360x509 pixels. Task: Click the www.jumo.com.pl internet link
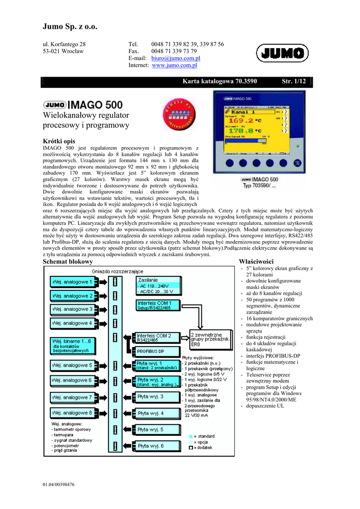(175, 65)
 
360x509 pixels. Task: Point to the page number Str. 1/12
(293, 81)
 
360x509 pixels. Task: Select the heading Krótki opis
(59, 142)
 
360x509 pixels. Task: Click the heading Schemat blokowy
(68, 261)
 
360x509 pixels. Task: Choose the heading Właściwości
(256, 261)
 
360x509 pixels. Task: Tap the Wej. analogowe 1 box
(71, 282)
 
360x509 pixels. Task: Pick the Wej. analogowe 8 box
(71, 413)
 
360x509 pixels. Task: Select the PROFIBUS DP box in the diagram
(151, 351)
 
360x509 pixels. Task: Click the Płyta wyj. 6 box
(151, 446)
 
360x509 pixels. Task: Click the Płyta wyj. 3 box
(151, 397)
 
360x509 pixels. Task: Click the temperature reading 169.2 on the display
(242, 120)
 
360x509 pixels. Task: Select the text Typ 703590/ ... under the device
(260, 186)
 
